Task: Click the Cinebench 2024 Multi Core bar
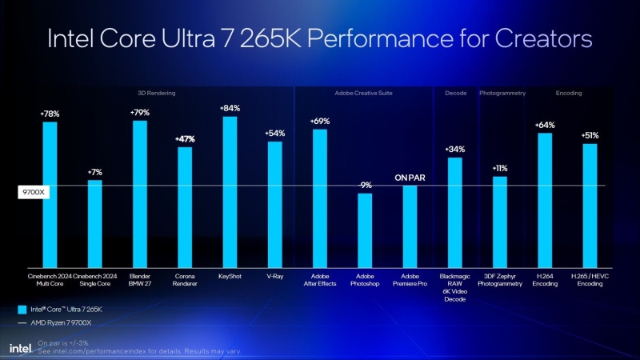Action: [x=50, y=194]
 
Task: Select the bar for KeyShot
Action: [x=230, y=192]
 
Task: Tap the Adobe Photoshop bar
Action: [x=365, y=230]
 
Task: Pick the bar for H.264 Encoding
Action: [x=545, y=200]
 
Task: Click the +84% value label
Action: [x=230, y=108]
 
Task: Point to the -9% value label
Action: [x=365, y=185]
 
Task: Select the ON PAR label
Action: [x=410, y=178]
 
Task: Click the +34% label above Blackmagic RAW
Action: [x=454, y=150]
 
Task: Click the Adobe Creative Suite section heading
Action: [x=365, y=94]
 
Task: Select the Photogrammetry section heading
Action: [x=502, y=94]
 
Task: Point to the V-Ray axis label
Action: [x=274, y=277]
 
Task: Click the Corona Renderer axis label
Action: [x=185, y=280]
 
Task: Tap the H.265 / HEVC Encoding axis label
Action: [x=590, y=280]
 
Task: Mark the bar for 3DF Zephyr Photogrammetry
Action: [x=500, y=222]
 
